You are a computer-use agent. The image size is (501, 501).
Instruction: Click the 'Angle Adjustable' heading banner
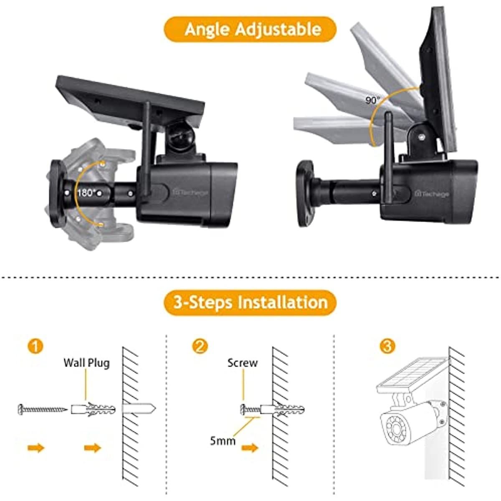250,29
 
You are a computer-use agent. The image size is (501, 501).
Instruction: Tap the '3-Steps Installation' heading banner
250,302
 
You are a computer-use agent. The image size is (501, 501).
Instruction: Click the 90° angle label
373,101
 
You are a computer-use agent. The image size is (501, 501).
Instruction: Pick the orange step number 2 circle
200,347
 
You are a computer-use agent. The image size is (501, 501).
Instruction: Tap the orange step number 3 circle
387,347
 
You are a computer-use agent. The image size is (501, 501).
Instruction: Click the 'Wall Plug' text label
86,362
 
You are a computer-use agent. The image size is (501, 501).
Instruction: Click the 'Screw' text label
243,363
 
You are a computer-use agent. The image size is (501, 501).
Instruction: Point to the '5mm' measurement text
223,440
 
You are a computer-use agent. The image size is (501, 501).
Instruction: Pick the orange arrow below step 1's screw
35,448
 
